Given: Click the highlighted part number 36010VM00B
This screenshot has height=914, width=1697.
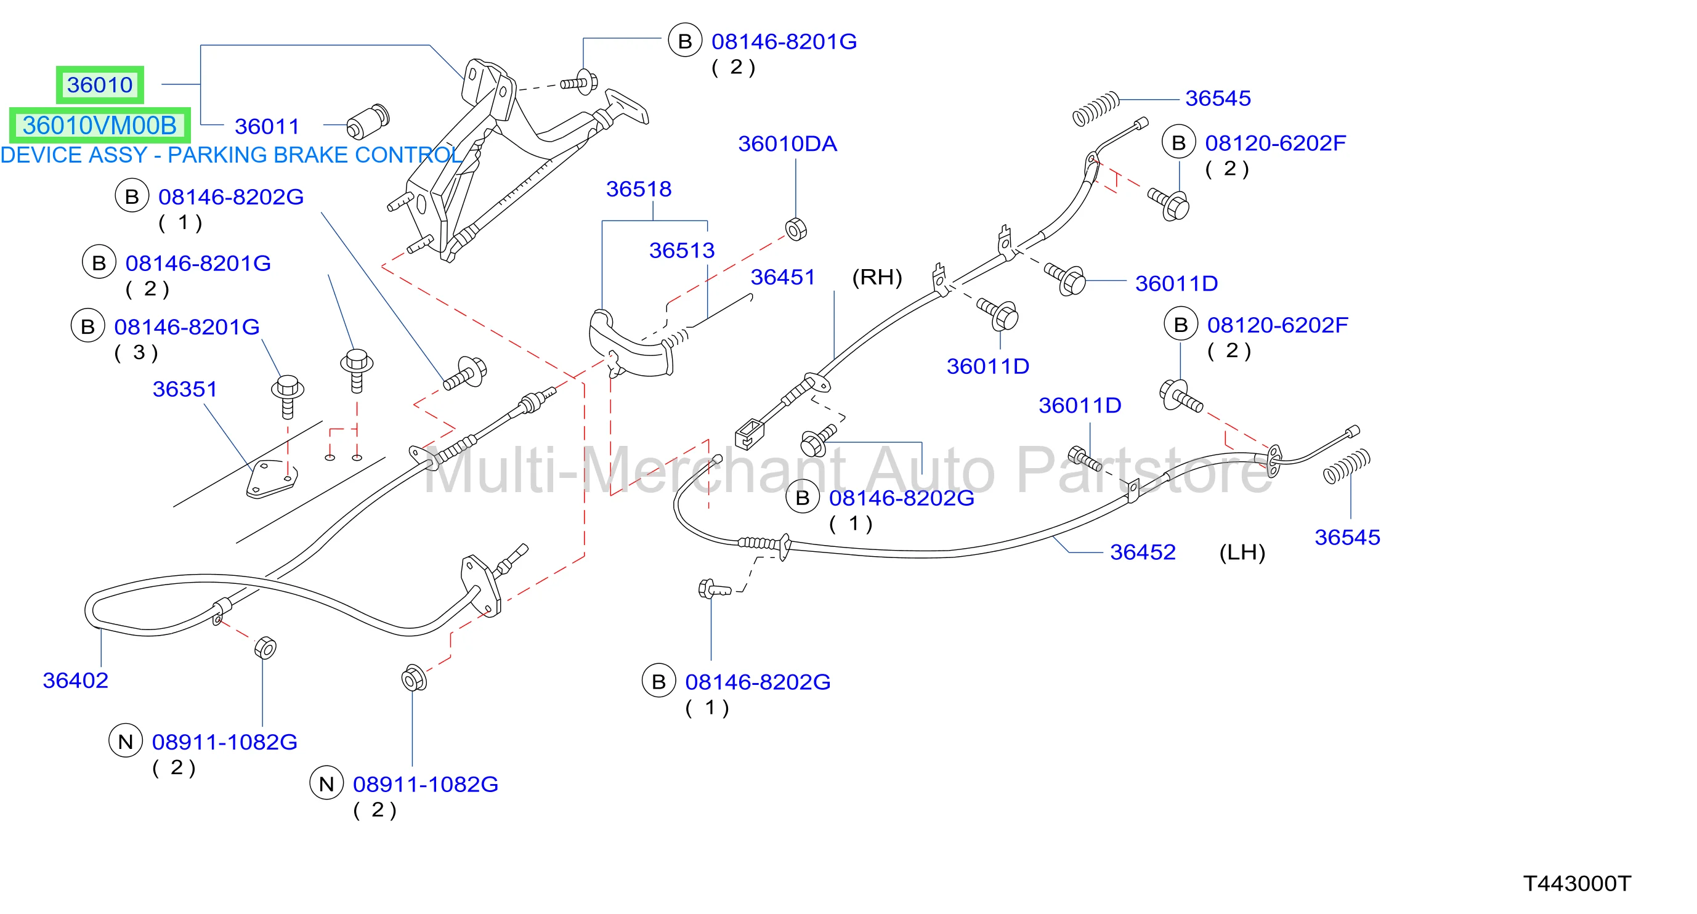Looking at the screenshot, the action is click(99, 125).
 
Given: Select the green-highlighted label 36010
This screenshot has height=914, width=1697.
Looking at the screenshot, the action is click(99, 84).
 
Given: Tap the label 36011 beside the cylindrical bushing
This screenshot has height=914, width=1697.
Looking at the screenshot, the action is click(267, 126).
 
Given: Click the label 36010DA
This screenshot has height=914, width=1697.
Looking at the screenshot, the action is click(787, 144).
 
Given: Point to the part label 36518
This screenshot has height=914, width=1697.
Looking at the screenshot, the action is click(638, 189).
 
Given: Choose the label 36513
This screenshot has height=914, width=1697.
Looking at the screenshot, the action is click(682, 250).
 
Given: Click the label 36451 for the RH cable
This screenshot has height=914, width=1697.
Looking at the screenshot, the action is click(783, 277).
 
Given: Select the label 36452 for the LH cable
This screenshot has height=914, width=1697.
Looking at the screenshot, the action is click(1142, 552).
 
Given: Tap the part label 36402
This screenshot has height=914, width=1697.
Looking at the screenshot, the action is click(75, 680).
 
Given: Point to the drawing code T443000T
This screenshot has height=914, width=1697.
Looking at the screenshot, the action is click(1577, 884).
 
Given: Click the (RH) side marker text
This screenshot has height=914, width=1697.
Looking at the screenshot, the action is click(877, 277).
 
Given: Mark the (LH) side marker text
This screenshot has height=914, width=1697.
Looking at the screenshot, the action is click(1242, 552).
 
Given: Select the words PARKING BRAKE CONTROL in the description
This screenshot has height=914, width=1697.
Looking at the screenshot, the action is click(315, 155).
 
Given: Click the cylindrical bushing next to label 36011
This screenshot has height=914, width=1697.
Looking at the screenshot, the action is click(368, 121).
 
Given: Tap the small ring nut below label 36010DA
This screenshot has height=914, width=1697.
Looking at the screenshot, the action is click(796, 229).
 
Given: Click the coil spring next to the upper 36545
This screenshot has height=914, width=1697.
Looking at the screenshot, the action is click(1096, 109).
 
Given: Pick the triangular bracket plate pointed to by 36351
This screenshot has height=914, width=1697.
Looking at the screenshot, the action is click(272, 479).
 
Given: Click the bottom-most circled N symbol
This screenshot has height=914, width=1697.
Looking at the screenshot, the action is click(326, 783).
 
